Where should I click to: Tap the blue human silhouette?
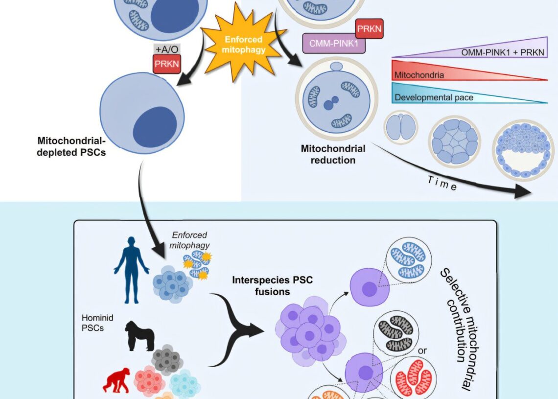tap(131, 269)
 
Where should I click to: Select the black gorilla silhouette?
tap(140, 335)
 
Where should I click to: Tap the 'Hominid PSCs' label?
tap(93, 323)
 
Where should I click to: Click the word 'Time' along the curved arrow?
tap(442, 183)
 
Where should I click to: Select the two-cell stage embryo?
tap(400, 127)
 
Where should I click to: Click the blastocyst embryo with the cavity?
tap(522, 150)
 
